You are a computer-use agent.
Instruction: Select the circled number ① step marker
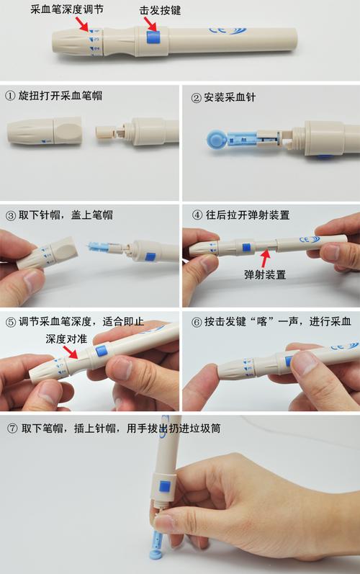coord(10,96)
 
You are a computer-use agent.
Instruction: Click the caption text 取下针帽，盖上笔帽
coord(65,215)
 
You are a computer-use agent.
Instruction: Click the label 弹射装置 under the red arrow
coord(266,274)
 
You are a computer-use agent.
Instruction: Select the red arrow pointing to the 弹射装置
coord(266,254)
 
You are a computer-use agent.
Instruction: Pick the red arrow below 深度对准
coord(71,352)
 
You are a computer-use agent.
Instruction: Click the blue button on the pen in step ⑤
coord(101,351)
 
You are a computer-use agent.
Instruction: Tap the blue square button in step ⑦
coord(164,486)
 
